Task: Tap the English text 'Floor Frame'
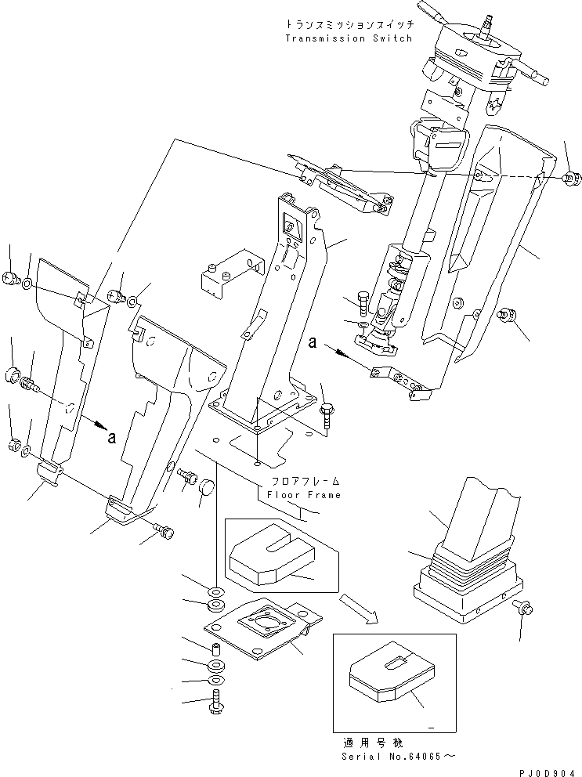click(x=304, y=495)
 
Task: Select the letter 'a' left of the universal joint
click(x=312, y=342)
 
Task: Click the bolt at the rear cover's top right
click(x=570, y=179)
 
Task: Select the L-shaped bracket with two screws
click(x=228, y=277)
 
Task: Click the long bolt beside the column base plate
click(x=327, y=412)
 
